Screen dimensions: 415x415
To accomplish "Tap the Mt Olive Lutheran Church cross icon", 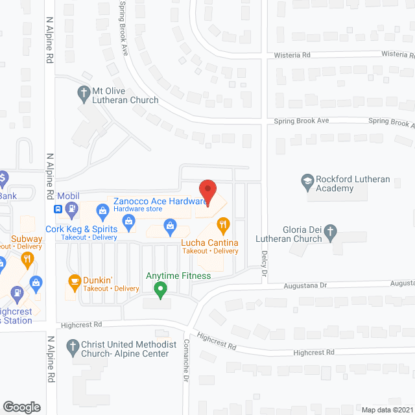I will point(83,92).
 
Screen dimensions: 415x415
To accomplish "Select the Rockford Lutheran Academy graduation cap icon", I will point(307,180).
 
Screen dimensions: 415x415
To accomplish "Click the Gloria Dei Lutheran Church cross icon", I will point(330,230).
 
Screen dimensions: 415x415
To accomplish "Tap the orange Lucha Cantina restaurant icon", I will point(223,226).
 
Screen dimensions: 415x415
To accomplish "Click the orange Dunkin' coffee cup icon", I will point(75,281).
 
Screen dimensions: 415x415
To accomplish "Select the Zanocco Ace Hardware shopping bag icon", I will point(102,209).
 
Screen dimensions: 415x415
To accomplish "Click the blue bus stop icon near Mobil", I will point(58,209).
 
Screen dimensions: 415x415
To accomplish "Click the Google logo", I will point(21,407).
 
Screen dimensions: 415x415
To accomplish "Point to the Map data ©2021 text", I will point(386,410).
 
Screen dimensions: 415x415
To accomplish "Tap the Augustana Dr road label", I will point(305,285).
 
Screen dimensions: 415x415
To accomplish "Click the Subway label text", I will point(27,239).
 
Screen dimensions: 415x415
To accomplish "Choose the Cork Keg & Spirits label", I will point(82,229).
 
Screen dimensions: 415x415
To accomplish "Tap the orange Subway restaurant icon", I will point(27,260).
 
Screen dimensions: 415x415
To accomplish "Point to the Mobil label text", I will point(69,196).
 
